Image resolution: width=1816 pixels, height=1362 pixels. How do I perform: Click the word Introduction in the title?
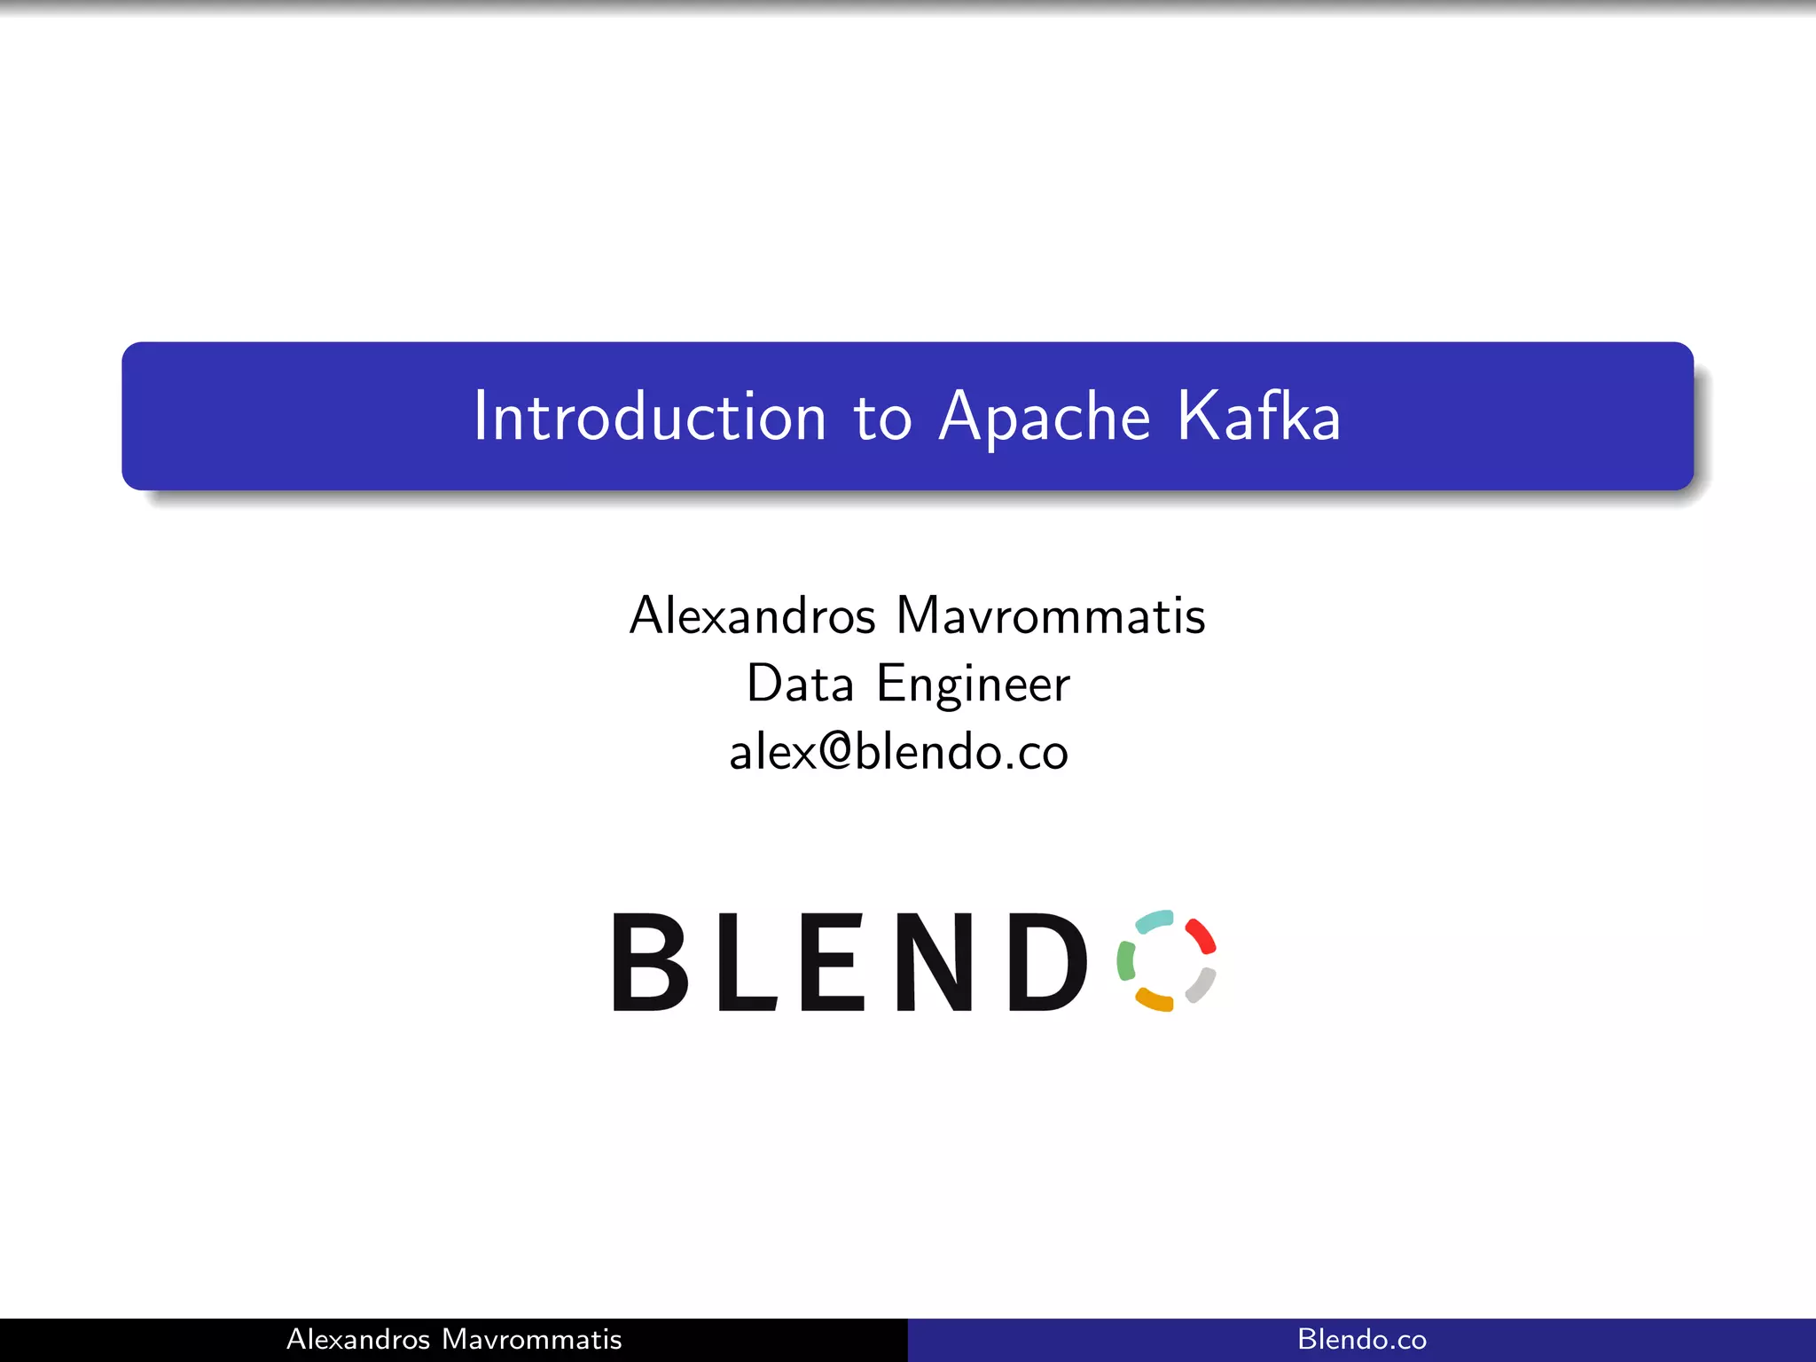tap(649, 416)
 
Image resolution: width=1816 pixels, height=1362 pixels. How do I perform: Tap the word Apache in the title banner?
tap(1045, 418)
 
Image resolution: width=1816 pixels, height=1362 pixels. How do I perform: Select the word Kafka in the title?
tap(1258, 416)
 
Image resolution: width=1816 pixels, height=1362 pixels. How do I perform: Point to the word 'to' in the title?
tap(881, 418)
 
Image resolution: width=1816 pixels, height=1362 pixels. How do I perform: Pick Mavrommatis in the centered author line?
tap(1051, 615)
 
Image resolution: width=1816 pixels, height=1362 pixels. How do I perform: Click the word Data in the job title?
tap(800, 684)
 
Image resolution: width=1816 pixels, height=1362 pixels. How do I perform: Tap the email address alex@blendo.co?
tap(898, 752)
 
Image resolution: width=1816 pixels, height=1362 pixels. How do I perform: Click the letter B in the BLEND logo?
tap(650, 962)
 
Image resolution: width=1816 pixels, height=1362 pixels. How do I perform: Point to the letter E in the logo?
tap(832, 962)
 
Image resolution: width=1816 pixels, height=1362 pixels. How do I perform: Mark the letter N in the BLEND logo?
tap(934, 962)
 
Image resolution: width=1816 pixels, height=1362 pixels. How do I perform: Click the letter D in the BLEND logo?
tap(1046, 962)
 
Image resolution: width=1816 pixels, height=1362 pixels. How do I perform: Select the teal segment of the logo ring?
tap(1155, 921)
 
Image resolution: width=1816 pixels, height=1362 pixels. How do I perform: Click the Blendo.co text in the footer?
tap(1362, 1339)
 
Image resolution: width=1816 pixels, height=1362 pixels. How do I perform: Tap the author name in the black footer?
tap(454, 1339)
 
